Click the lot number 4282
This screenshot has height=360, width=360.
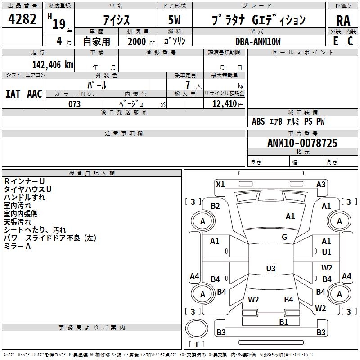pos(22,19)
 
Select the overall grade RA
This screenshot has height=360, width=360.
pos(343,21)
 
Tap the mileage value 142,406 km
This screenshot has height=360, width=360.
pos(53,65)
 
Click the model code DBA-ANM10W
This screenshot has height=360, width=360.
pos(258,41)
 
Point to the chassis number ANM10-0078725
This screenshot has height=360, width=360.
pos(302,143)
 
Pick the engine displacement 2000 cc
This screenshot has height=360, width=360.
pos(141,41)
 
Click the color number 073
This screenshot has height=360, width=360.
pos(75,104)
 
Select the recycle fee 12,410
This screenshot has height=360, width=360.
pos(225,104)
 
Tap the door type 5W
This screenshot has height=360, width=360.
pos(174,20)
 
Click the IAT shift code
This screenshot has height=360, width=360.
pos(13,94)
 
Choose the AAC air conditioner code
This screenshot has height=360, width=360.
pos(35,94)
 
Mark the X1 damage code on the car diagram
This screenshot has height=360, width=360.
pos(220,184)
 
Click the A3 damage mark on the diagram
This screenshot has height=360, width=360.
pos(321,184)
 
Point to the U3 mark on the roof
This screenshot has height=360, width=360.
pos(271,268)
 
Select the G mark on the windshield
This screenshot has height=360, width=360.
pos(284,237)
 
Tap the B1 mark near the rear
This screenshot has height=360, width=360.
pos(284,322)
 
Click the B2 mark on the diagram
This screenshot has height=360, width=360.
pos(216,206)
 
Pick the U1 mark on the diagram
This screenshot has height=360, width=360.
pos(327,252)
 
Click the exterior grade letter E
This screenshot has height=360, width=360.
pos(336,41)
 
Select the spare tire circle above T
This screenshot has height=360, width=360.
pos(197,328)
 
